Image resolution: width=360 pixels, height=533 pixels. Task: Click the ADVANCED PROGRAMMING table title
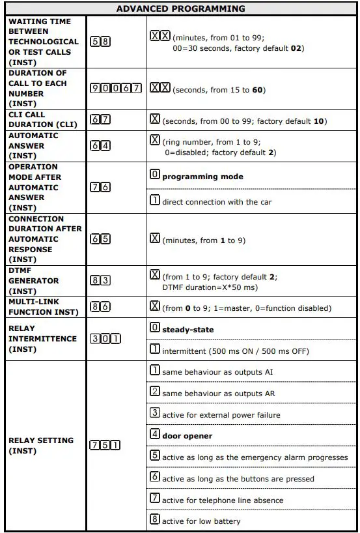(x=180, y=8)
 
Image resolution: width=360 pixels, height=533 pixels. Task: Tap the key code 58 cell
(x=101, y=41)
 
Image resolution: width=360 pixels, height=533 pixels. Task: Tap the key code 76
(x=101, y=187)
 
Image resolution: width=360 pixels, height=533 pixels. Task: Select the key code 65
(x=101, y=239)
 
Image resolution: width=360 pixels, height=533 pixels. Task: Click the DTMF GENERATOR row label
(x=34, y=281)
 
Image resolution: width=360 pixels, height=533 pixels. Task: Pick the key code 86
(x=101, y=308)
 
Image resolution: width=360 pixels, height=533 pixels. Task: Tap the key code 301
(x=105, y=339)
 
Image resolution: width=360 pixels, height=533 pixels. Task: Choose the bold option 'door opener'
(x=187, y=435)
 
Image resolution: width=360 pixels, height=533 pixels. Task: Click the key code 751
(x=105, y=446)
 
